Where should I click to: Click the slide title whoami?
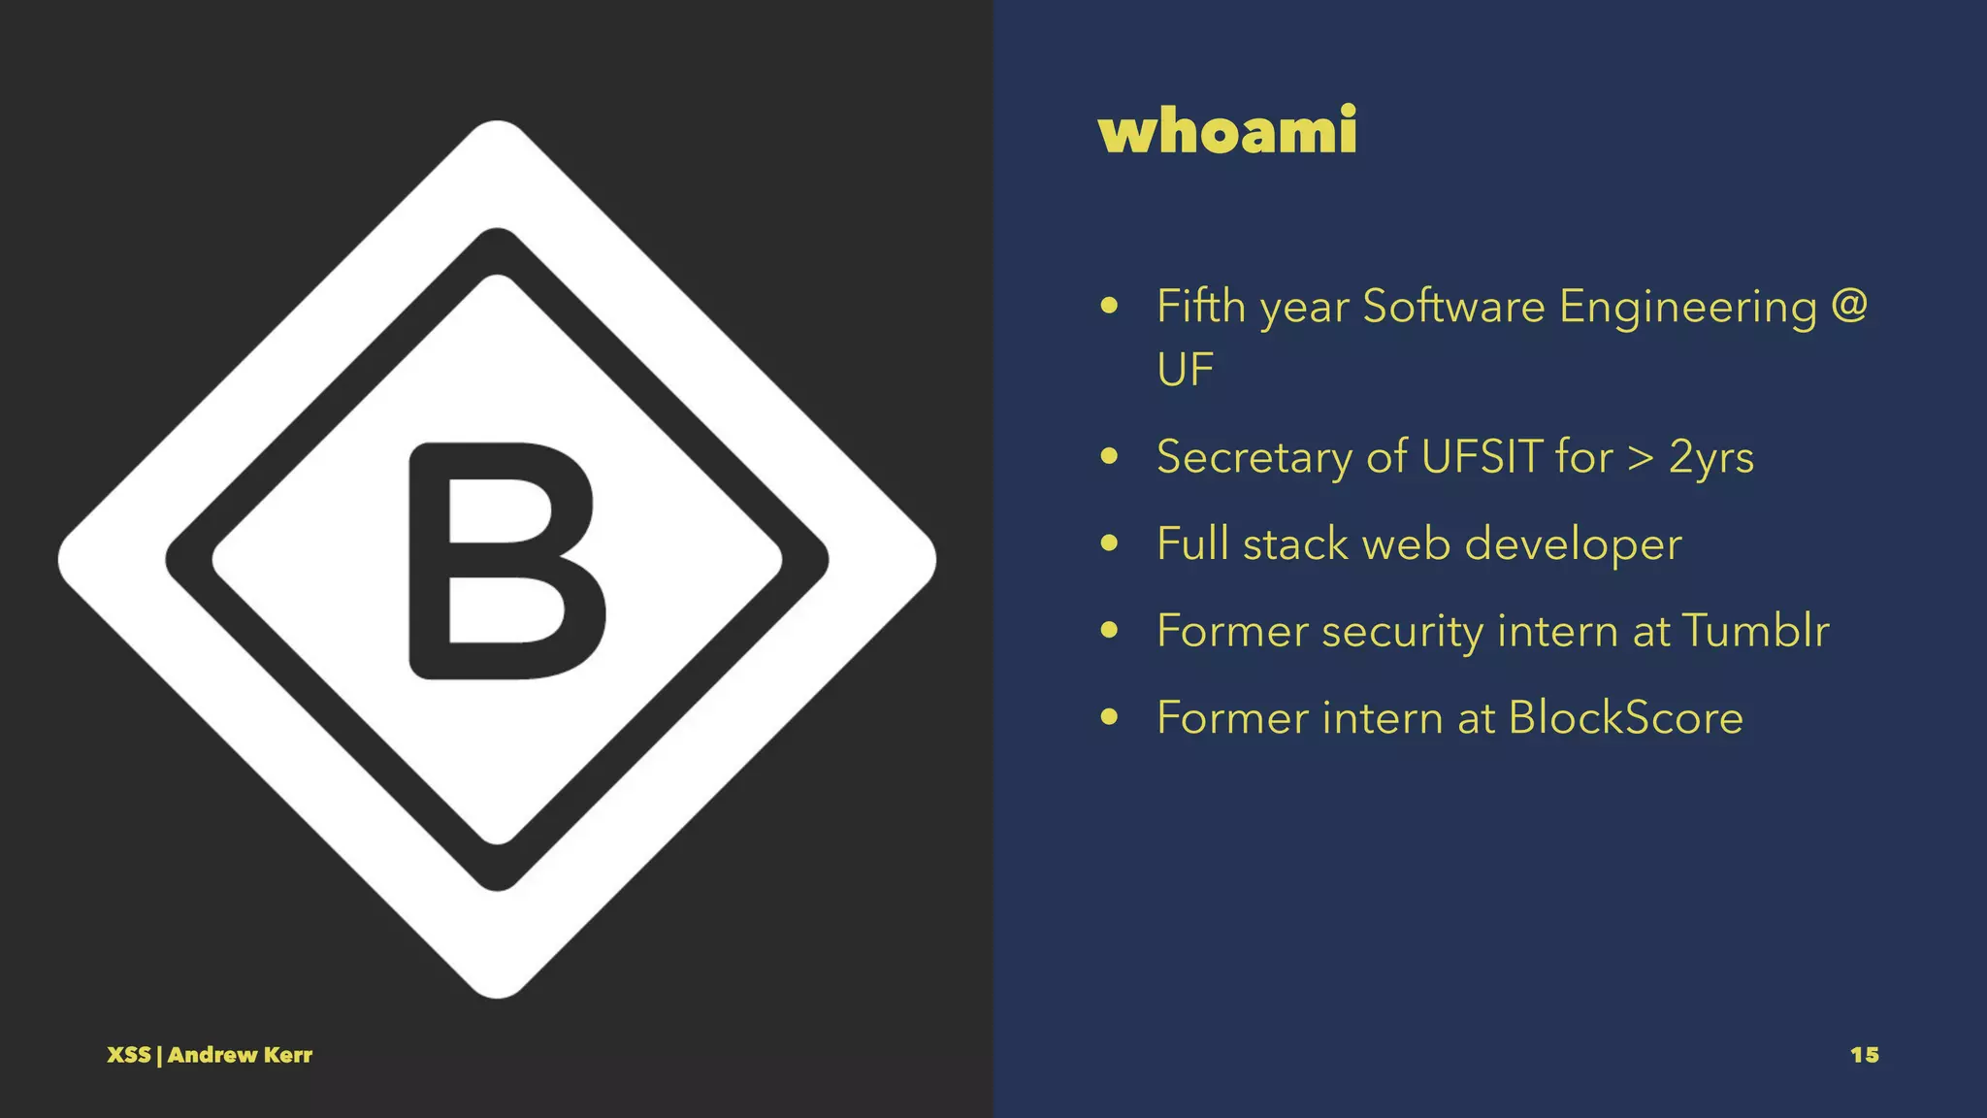point(1227,131)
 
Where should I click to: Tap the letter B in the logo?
point(506,560)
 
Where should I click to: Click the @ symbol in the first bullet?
point(1849,306)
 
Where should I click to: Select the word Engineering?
point(1687,308)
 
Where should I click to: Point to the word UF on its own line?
point(1185,370)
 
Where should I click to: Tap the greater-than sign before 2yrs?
point(1640,458)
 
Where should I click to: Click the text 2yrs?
point(1710,458)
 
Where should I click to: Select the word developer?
point(1573,544)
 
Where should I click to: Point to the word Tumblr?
point(1755,631)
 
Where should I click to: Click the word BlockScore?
point(1625,718)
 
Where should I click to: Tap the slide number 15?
point(1864,1055)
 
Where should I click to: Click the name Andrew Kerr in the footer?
point(240,1055)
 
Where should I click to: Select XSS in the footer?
point(128,1055)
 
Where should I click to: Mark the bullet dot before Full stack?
point(1110,543)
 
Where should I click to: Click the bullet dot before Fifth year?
point(1110,307)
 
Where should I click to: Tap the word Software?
point(1453,307)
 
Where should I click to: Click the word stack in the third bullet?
point(1295,543)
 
